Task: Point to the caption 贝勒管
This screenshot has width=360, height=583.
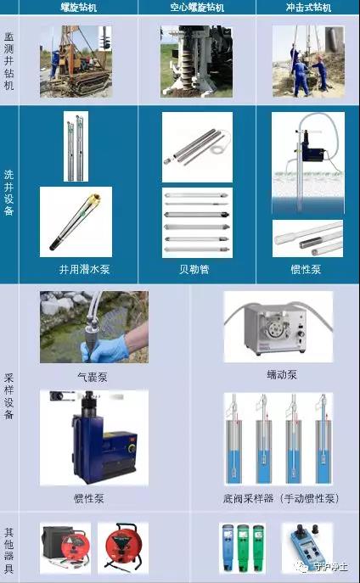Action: pos(195,269)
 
